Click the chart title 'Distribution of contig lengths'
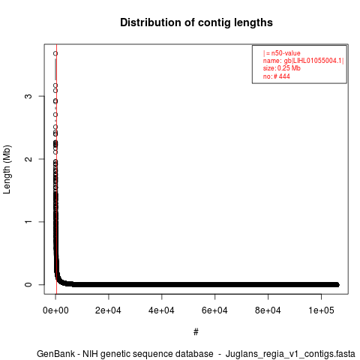(196, 22)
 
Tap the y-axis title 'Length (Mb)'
(7, 169)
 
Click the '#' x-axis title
(196, 332)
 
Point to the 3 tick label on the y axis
(28, 96)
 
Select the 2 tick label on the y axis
(28, 159)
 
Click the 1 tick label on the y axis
(28, 222)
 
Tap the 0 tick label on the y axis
(28, 284)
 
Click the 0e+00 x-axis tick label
(55, 310)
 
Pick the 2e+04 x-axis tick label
(108, 310)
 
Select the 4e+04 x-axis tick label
(161, 310)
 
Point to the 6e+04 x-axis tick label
(214, 310)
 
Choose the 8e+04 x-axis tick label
(268, 310)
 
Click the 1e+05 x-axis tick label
(321, 310)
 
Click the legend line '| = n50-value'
(282, 53)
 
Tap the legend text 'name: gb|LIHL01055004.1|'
(303, 61)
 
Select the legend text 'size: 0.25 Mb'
(282, 68)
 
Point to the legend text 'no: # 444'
(277, 76)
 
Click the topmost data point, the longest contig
(55, 53)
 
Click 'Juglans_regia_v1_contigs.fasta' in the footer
(290, 354)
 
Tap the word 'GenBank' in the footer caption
(55, 354)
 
